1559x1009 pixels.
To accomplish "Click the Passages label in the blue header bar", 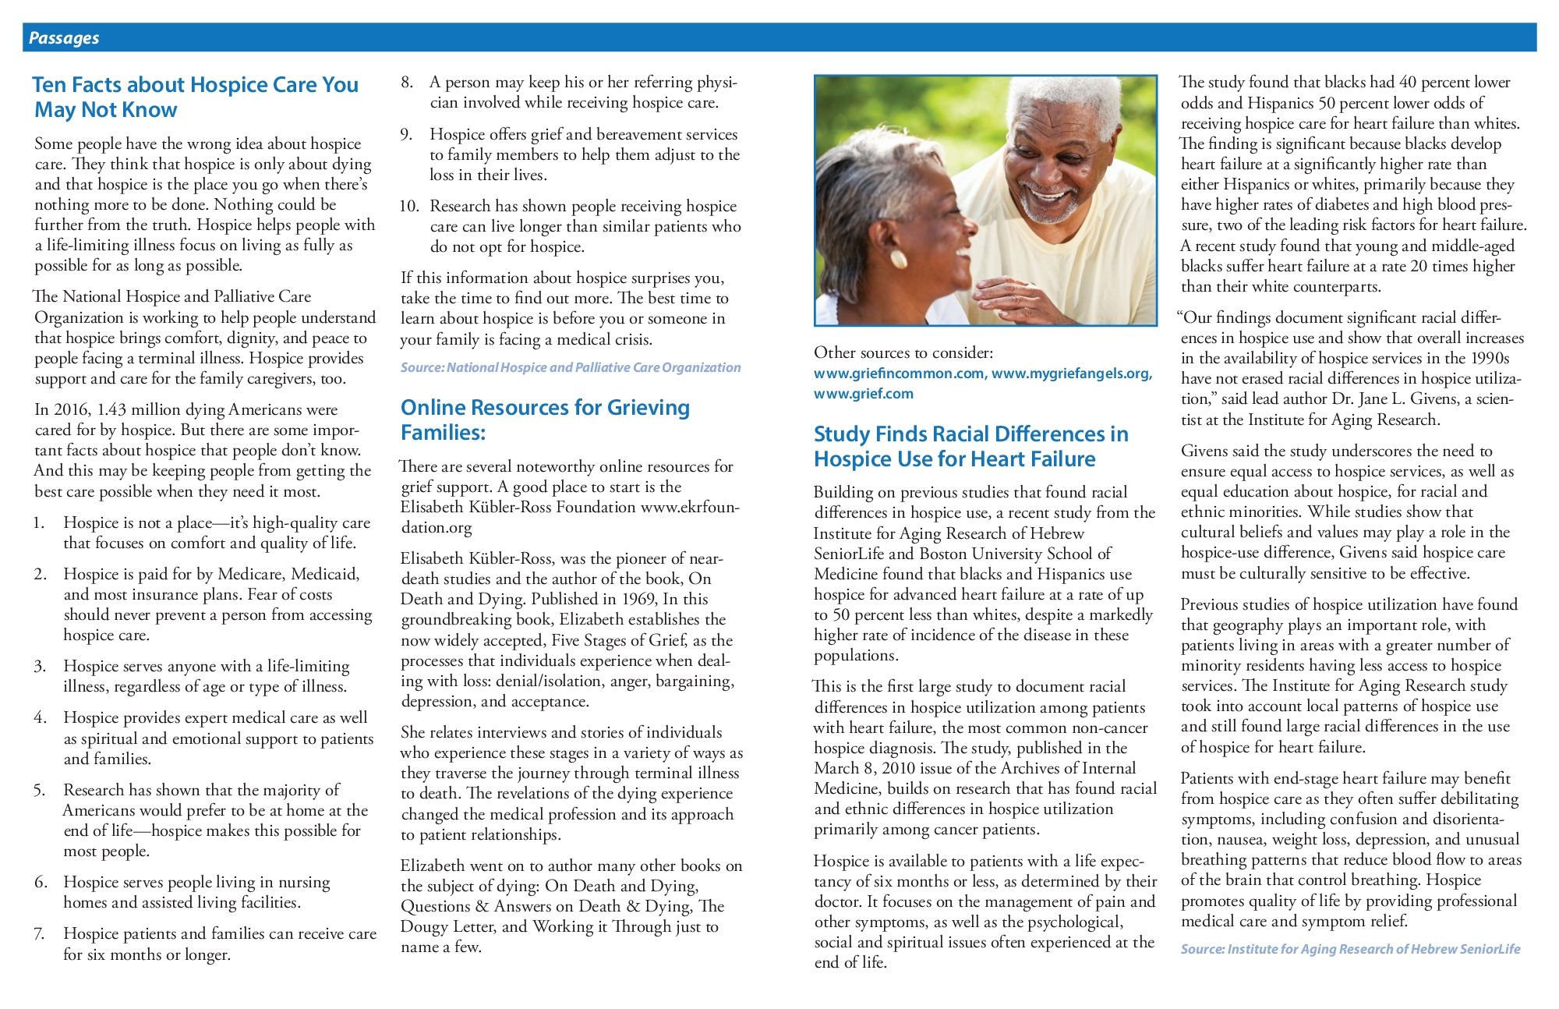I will pos(64,38).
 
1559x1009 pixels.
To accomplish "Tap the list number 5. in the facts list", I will pos(40,790).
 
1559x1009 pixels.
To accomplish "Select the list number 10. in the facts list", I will pos(409,206).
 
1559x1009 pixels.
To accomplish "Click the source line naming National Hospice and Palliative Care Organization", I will pos(570,367).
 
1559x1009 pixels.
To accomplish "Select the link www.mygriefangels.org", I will pos(1072,374).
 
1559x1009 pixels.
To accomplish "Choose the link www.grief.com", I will pos(863,394).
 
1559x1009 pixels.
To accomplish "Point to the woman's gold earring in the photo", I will pos(896,258).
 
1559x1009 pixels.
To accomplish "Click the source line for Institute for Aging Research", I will pos(1350,949).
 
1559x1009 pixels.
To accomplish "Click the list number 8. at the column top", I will pos(407,82).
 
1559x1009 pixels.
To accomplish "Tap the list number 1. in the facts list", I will pos(39,522).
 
